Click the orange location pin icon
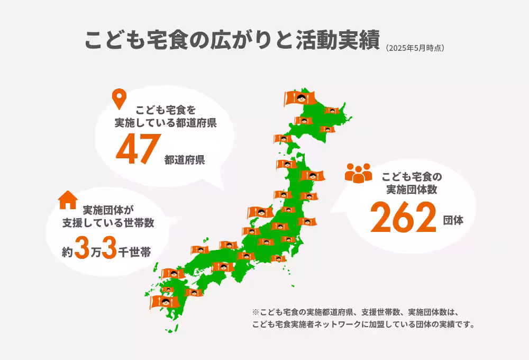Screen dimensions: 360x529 click(x=121, y=98)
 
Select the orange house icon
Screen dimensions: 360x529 click(x=68, y=201)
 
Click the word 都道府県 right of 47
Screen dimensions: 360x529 click(x=185, y=159)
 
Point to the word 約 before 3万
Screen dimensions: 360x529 click(x=67, y=252)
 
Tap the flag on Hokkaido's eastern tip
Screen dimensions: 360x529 click(x=331, y=111)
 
